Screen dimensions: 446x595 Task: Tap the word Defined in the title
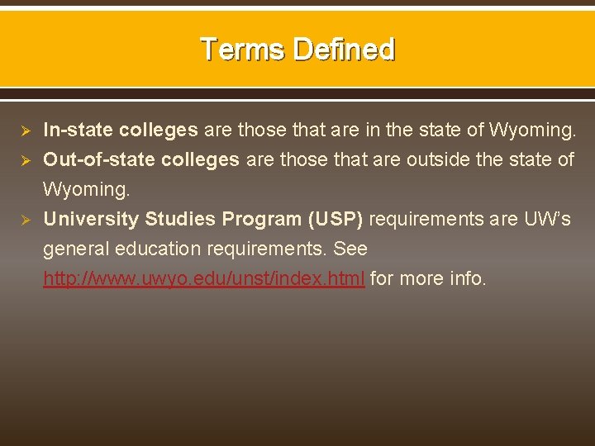point(344,50)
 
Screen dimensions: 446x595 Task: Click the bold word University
point(91,219)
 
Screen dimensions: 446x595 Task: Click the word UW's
point(547,219)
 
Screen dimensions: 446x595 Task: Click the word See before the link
point(350,249)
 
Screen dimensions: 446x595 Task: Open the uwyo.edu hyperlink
point(204,278)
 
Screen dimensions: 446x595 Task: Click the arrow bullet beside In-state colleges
point(25,130)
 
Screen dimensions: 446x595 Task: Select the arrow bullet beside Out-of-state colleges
point(25,160)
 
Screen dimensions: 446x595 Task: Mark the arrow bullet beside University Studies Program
point(25,220)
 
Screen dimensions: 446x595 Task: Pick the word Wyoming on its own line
point(86,189)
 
